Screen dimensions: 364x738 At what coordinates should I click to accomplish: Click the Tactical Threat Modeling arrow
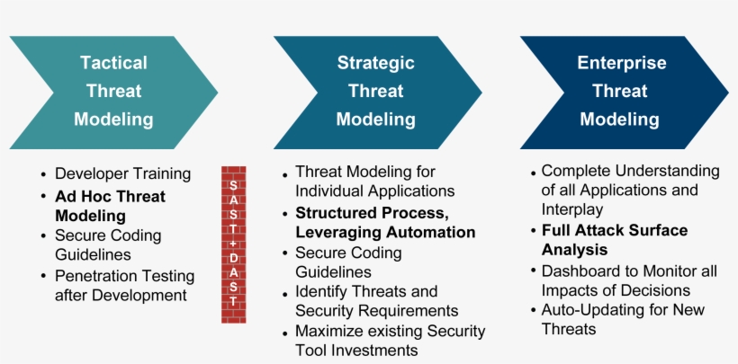click(x=113, y=92)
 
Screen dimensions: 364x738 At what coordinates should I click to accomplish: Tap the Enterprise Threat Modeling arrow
click(x=621, y=92)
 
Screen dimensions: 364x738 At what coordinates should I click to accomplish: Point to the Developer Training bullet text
click(x=123, y=174)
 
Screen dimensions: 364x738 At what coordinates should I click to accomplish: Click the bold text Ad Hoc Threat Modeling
click(x=110, y=206)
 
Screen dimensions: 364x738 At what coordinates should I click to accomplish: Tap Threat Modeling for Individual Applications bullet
click(x=374, y=182)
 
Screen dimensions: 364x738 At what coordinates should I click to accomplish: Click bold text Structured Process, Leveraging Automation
click(x=385, y=222)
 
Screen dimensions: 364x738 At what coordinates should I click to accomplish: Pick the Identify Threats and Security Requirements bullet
click(x=376, y=301)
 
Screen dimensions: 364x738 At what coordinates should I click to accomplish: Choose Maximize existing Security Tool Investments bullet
click(x=389, y=341)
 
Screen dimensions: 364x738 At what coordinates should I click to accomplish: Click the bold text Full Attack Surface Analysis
click(x=615, y=240)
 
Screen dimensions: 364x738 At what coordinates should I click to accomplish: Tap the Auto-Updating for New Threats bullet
click(x=623, y=319)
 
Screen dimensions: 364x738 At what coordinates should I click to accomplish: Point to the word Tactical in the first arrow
click(x=113, y=63)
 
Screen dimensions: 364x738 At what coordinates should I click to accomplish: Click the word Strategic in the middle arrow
click(x=376, y=63)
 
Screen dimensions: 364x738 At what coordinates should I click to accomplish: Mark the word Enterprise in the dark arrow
click(x=622, y=63)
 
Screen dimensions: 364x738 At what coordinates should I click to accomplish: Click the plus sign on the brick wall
click(x=233, y=244)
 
